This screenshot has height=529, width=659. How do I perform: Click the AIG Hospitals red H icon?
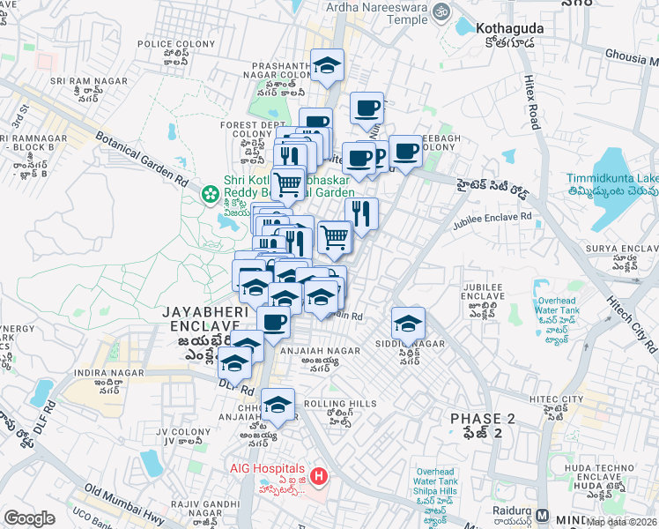[319, 477]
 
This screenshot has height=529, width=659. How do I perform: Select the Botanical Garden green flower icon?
[211, 193]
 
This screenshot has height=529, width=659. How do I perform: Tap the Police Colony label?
[182, 44]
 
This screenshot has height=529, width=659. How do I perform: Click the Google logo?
[29, 518]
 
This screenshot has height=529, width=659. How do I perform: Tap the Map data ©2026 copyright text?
[620, 521]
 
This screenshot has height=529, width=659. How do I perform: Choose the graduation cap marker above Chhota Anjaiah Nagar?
[278, 405]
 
